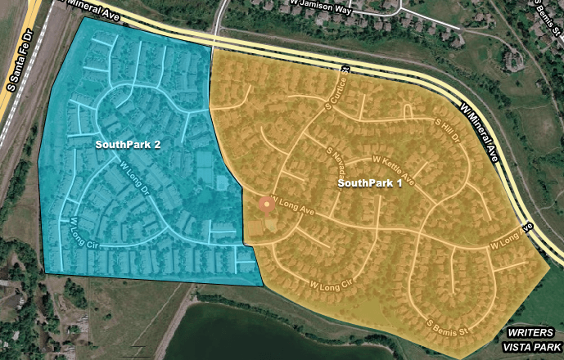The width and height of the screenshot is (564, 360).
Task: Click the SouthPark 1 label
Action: [x=369, y=183]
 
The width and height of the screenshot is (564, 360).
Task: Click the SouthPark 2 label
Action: [x=127, y=145]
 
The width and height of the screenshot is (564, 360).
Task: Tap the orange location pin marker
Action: [x=265, y=205]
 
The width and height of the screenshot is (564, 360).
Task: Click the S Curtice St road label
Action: [x=338, y=88]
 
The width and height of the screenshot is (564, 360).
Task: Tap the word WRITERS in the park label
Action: [x=530, y=333]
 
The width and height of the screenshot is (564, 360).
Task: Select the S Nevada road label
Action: [x=337, y=164]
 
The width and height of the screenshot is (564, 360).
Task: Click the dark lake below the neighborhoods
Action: [x=270, y=331]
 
